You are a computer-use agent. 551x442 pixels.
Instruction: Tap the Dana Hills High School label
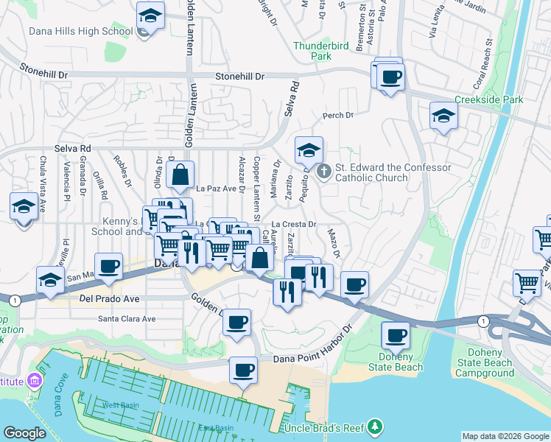click(70, 32)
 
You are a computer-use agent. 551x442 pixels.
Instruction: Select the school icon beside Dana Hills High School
click(151, 16)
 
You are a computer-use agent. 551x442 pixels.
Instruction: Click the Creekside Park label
click(488, 99)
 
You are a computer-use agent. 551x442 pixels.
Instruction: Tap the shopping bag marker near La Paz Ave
click(180, 176)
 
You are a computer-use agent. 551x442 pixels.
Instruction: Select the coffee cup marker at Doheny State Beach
click(396, 336)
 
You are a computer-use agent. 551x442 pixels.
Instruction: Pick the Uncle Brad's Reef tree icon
click(376, 427)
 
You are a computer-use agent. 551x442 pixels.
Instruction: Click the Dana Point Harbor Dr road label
click(314, 359)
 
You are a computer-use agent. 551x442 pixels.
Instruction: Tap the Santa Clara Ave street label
click(127, 319)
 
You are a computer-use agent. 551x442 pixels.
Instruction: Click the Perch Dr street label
click(338, 115)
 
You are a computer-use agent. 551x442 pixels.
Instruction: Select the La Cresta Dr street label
click(293, 224)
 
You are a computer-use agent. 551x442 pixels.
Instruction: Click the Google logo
click(25, 432)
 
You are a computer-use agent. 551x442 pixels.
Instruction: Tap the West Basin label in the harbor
click(120, 405)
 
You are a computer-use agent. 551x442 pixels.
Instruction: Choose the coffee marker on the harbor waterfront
click(243, 371)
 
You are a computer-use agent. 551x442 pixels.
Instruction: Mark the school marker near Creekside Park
click(443, 116)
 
